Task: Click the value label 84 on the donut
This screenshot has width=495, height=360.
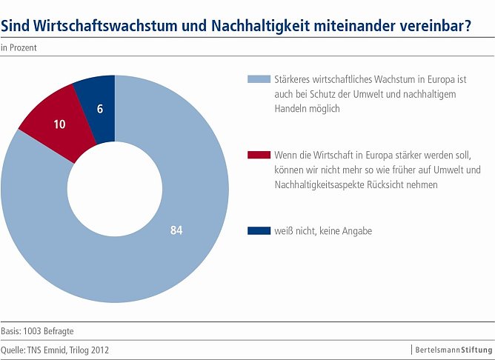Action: click(176, 230)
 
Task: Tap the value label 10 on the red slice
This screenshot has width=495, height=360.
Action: click(59, 124)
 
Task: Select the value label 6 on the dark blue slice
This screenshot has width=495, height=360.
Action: click(100, 108)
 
